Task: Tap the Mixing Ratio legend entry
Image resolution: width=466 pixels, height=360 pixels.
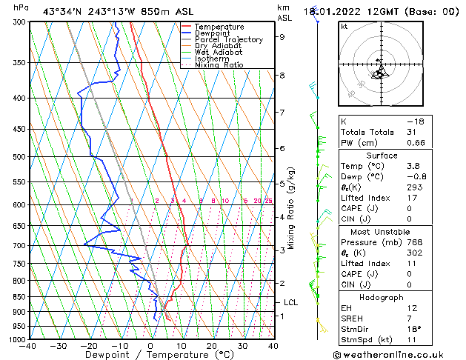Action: [219, 65]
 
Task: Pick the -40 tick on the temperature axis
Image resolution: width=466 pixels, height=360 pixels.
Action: [28, 345]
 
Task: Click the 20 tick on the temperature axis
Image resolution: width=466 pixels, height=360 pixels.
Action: [211, 345]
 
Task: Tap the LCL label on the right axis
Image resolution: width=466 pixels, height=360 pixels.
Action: [291, 302]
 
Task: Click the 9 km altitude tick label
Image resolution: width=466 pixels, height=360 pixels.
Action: [282, 36]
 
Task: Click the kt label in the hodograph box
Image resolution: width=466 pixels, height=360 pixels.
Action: [344, 27]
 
